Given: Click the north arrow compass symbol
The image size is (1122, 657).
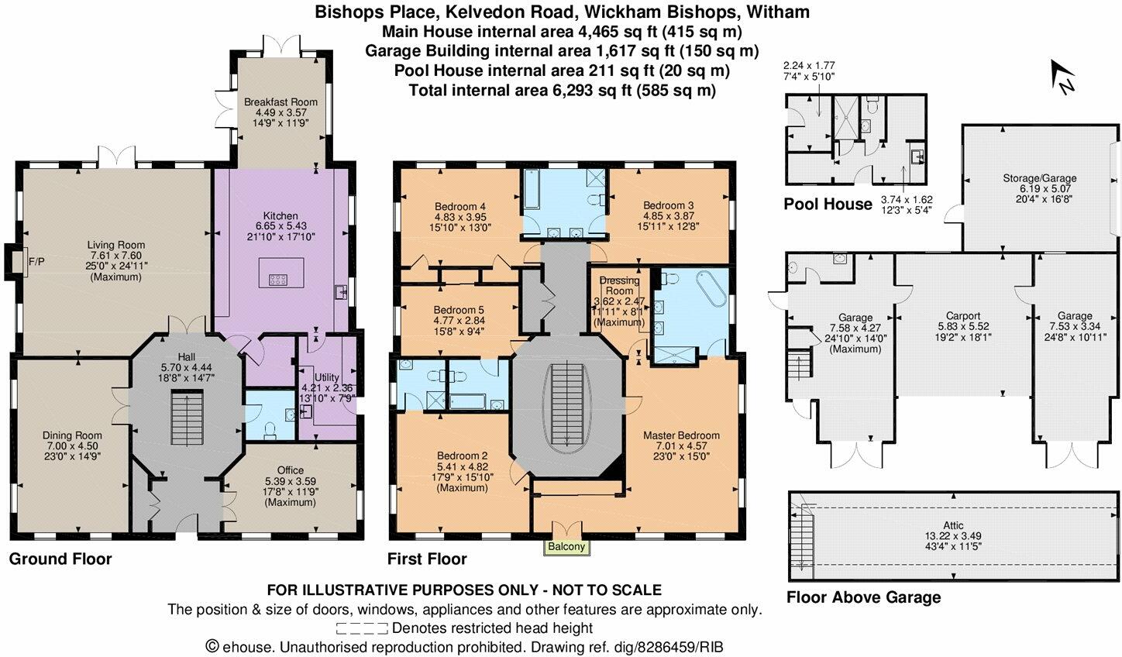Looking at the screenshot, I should pyautogui.click(x=1062, y=77).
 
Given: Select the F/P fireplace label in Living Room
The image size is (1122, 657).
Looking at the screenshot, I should pyautogui.click(x=36, y=262).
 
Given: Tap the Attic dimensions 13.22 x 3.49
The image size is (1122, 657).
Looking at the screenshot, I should pyautogui.click(x=955, y=536).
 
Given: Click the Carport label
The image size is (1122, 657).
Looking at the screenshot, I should pyautogui.click(x=963, y=316).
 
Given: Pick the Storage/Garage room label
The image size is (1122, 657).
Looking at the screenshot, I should pyautogui.click(x=1039, y=178).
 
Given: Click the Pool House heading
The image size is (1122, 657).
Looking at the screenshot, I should pyautogui.click(x=828, y=205).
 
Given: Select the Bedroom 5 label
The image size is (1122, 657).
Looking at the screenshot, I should pyautogui.click(x=459, y=308).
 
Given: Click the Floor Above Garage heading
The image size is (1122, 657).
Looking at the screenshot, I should pyautogui.click(x=863, y=597).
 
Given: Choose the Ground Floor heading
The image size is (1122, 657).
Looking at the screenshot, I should pyautogui.click(x=60, y=559).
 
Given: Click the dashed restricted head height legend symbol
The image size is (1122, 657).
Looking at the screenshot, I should pyautogui.click(x=362, y=628).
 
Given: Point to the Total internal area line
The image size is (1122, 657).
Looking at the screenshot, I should pyautogui.click(x=561, y=90).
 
